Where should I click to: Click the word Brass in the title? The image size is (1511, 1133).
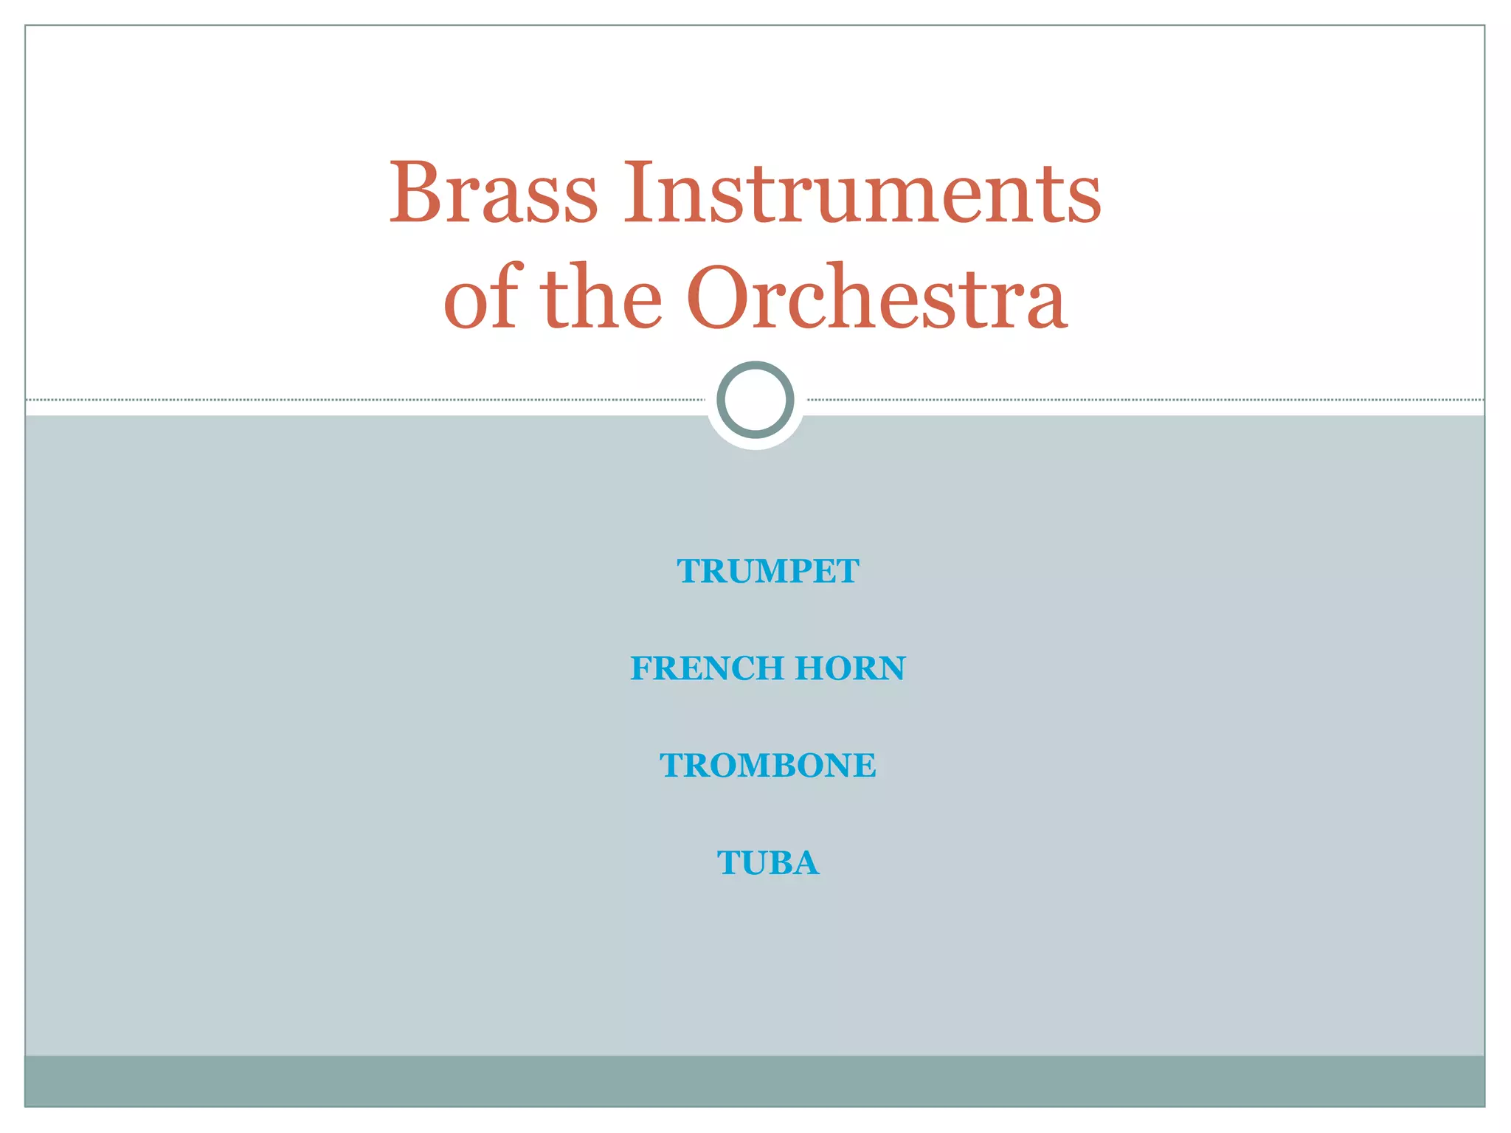tap(493, 193)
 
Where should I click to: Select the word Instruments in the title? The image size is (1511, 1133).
tap(862, 193)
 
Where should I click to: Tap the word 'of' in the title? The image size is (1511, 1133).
tap(483, 297)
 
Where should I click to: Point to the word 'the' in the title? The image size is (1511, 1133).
tap(601, 297)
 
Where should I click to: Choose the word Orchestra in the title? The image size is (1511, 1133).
tap(876, 297)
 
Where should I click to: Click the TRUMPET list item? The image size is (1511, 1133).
tap(767, 572)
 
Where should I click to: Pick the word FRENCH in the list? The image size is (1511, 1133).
tap(707, 668)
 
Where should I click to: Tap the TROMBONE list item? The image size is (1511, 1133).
tap(767, 766)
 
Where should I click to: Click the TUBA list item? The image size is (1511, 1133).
tap(767, 863)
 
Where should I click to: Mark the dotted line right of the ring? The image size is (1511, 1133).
tap(1144, 400)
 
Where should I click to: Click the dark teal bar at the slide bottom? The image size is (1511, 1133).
tap(755, 1081)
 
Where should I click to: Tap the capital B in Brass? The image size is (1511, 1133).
tap(415, 193)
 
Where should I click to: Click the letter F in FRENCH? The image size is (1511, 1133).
tap(641, 668)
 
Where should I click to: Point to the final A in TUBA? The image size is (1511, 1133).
tap(806, 863)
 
